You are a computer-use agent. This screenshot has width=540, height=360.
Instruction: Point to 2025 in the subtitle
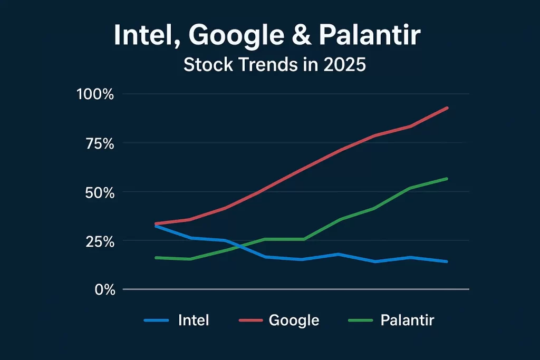pos(341,65)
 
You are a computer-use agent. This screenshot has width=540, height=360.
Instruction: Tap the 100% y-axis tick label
pos(95,94)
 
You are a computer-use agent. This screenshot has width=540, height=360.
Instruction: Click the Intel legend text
pos(194,320)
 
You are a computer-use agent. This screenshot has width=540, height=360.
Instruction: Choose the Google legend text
pos(294,320)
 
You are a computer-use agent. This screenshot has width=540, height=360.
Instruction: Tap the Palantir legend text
pos(407,320)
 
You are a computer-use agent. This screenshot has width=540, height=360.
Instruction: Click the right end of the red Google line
pos(447,108)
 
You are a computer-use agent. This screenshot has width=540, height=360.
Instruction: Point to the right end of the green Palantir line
pos(447,179)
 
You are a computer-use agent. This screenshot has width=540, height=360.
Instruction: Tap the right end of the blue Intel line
pos(447,261)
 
